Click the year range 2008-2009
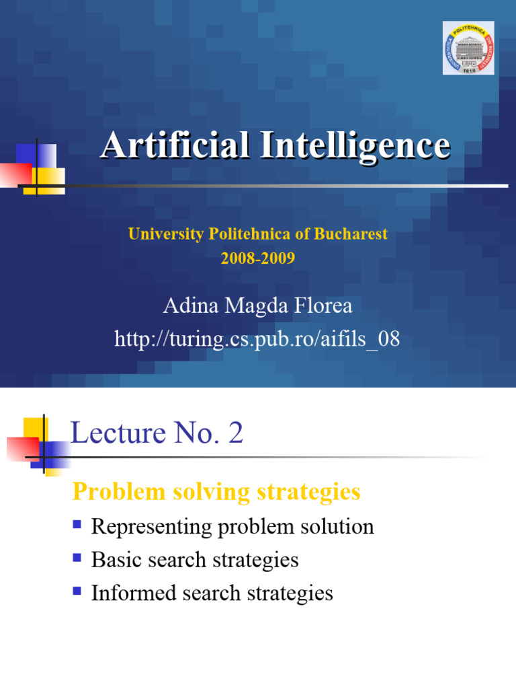258,258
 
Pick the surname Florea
319,306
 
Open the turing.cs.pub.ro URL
257,339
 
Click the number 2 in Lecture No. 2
235,434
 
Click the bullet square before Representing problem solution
77,523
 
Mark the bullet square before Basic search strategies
77,557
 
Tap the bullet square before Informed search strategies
77,591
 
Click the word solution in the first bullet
339,526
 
